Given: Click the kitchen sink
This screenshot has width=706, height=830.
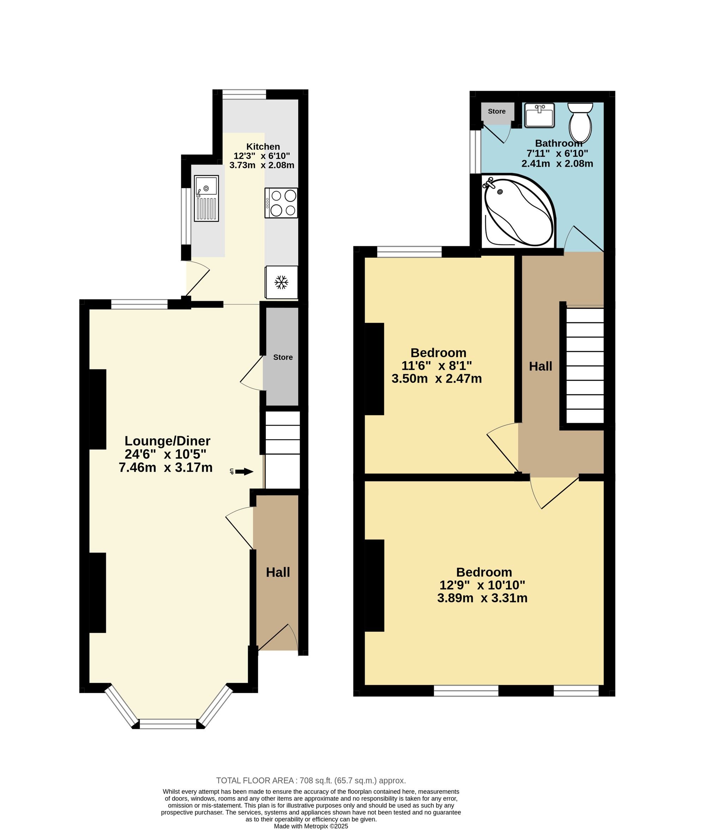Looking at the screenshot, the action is click(207, 198).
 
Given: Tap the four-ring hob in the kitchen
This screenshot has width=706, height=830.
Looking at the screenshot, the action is click(281, 203).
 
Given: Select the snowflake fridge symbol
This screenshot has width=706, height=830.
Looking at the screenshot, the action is click(281, 282).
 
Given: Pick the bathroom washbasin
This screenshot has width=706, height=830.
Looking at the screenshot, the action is click(539, 115).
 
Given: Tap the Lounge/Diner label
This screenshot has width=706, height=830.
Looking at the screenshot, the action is click(167, 441).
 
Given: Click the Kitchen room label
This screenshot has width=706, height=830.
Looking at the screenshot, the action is click(263, 147).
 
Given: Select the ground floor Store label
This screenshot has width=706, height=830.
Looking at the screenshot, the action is click(283, 357).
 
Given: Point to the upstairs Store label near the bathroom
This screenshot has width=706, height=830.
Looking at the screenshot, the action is click(497, 111).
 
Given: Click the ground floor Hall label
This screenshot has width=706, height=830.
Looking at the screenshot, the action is click(278, 572).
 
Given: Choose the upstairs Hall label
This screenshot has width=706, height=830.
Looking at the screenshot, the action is click(541, 366).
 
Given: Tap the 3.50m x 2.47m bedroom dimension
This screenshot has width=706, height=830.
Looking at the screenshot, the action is click(437, 378).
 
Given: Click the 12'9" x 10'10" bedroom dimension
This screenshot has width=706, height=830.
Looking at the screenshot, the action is click(482, 585).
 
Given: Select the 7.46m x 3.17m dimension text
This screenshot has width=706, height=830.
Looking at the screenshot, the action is click(166, 467).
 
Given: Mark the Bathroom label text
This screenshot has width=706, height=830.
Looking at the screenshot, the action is click(559, 143).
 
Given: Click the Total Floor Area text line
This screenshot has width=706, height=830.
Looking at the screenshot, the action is click(311, 792).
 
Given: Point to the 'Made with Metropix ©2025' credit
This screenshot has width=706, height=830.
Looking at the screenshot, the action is click(311, 826).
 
